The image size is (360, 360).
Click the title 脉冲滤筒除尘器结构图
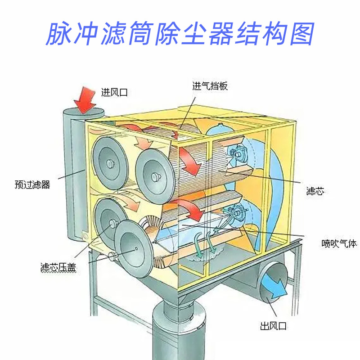[180, 33]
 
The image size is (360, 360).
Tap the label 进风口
[114, 93]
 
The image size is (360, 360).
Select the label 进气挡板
[210, 86]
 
